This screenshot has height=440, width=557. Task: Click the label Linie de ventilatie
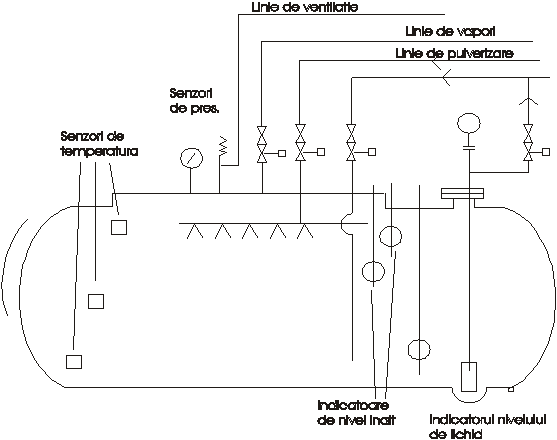[x=305, y=7]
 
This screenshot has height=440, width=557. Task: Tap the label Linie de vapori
[x=450, y=31]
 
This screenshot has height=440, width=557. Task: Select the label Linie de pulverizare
[x=454, y=54]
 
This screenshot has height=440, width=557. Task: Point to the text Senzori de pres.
[x=194, y=101]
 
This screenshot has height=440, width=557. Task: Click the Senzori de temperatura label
[x=99, y=144]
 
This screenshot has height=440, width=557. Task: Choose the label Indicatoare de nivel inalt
[x=356, y=413]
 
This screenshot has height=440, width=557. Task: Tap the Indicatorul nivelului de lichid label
[x=487, y=427]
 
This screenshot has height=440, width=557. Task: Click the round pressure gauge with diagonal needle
[x=191, y=157]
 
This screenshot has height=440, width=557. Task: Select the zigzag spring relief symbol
[x=223, y=146]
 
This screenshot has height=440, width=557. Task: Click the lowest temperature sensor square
[x=74, y=362]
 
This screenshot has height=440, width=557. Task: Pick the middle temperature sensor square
[x=96, y=301]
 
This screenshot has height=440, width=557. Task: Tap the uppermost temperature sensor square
[x=119, y=227]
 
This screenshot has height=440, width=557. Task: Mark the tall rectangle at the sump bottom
[x=469, y=376]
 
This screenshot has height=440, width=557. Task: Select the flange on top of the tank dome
[x=462, y=193]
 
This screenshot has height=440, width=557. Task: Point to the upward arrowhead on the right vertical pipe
[x=529, y=101]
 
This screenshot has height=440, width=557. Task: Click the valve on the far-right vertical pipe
[x=529, y=143]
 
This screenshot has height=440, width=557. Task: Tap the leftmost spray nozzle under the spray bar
[x=195, y=230]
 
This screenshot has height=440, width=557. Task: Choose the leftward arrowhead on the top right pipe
[x=446, y=77]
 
